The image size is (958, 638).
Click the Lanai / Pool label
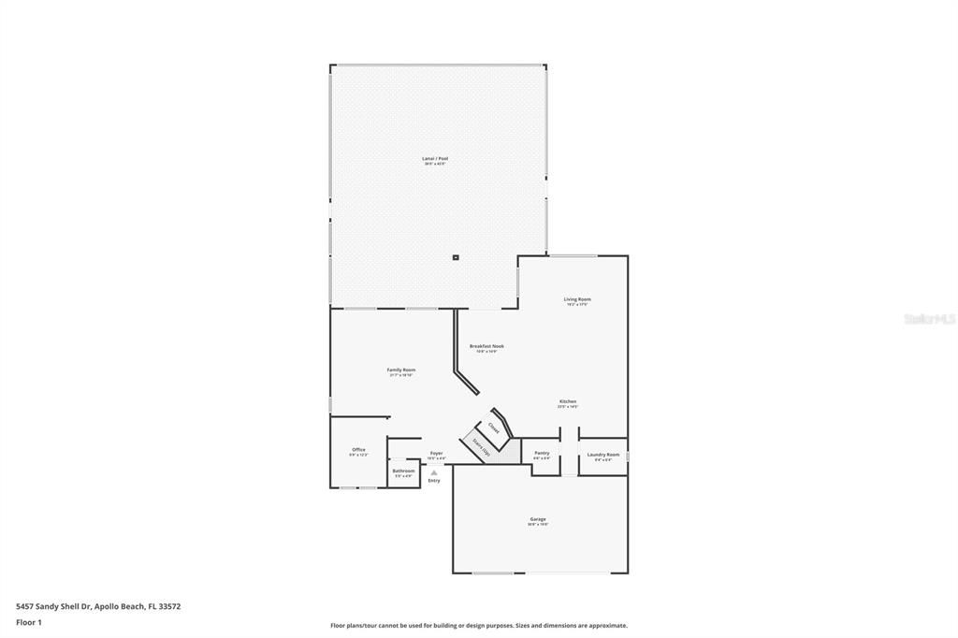[435, 159]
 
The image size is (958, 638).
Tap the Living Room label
[578, 299]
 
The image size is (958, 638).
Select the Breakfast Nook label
[486, 346]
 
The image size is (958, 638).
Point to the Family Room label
[401, 370]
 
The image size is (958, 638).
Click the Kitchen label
[568, 401]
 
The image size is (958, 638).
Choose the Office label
[358, 450]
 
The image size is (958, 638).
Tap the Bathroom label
[403, 471]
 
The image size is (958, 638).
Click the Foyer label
[436, 454]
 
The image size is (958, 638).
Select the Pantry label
[542, 454]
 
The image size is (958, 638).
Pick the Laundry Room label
[603, 455]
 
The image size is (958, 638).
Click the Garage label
[538, 519]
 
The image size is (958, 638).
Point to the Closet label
[493, 427]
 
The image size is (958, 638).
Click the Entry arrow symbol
[434, 472]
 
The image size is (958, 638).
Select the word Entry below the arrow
[434, 481]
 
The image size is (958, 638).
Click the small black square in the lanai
[456, 257]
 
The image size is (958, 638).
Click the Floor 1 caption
[29, 622]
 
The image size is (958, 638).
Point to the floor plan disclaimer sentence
[478, 626]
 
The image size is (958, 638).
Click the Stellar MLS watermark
[929, 319]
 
